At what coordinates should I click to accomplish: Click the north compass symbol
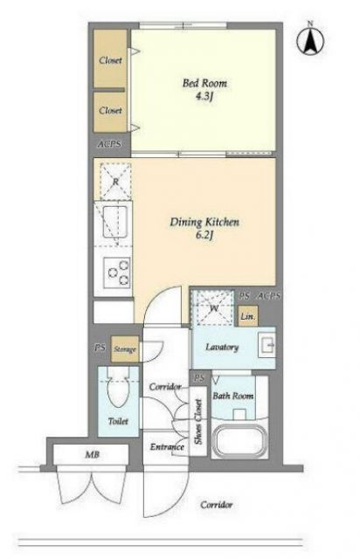coord(310,38)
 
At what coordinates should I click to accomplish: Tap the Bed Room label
coord(204,83)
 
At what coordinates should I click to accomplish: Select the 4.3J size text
coord(204,97)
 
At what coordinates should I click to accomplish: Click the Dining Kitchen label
coord(204,222)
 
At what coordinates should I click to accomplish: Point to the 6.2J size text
coord(204,235)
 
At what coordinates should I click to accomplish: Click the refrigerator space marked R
coord(115,181)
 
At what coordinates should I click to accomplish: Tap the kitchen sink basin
coord(114,222)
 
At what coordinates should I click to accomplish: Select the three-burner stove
coord(117,273)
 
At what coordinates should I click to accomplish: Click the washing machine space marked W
coord(213,307)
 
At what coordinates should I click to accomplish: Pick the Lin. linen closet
coord(247,316)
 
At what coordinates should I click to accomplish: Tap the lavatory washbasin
coord(267,345)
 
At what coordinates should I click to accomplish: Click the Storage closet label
coord(125,349)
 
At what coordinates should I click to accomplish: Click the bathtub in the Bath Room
coord(239,439)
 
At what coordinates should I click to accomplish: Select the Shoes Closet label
coord(198,422)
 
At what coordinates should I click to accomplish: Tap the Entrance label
coord(167,446)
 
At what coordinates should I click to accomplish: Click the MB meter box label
coord(92,454)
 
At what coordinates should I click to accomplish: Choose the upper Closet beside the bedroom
coord(110,59)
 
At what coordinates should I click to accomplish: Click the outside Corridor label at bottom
coord(216,505)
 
